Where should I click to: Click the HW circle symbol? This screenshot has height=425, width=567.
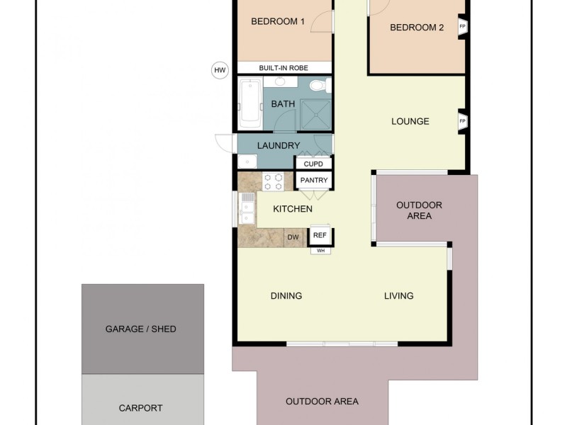click(220, 69)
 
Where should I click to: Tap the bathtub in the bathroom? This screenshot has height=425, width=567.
click(250, 103)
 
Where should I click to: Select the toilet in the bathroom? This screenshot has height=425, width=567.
click(318, 86)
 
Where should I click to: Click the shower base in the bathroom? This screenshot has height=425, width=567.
click(314, 113)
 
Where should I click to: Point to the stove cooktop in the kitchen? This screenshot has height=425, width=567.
click(273, 181)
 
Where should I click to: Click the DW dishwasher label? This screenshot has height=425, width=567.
click(293, 238)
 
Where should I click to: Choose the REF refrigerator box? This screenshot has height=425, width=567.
click(320, 235)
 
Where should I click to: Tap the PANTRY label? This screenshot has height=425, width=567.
click(314, 181)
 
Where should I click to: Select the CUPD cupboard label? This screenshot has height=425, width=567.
click(313, 164)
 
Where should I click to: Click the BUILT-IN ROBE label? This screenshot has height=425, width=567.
click(283, 68)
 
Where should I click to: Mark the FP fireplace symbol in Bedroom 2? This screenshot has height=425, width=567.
click(463, 27)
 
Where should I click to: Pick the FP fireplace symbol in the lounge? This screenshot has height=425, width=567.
click(463, 121)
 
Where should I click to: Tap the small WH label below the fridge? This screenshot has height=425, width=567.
click(320, 251)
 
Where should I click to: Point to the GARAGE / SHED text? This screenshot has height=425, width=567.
click(140, 329)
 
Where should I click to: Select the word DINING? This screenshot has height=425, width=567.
click(286, 296)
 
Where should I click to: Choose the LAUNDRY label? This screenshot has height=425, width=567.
click(279, 146)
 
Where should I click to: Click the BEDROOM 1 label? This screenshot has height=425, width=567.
click(278, 22)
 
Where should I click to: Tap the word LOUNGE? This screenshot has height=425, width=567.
click(410, 121)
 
